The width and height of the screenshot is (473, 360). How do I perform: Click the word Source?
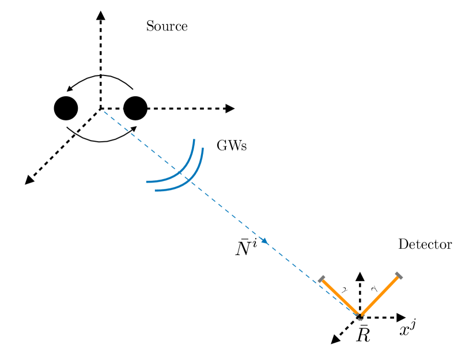[x=167, y=26]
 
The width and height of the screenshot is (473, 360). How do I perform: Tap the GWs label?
[x=232, y=146]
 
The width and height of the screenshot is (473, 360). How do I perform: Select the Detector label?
[x=425, y=245]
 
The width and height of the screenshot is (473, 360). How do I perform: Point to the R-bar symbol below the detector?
[x=362, y=334]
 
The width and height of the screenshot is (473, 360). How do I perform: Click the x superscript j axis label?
[x=407, y=330]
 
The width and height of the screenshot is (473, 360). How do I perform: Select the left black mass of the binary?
[x=66, y=108]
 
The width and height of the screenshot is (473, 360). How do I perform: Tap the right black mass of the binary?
[x=135, y=108]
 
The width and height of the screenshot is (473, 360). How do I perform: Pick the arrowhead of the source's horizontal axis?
[x=230, y=108]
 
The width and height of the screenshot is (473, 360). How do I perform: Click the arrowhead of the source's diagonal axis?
[x=29, y=181]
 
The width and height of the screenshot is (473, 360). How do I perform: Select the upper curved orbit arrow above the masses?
[x=100, y=77]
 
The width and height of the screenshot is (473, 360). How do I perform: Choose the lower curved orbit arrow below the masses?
[x=101, y=139]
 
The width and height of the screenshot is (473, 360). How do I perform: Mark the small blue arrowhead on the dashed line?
[x=264, y=241]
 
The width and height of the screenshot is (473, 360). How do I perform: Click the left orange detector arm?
[x=340, y=297]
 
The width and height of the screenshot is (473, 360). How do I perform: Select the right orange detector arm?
[x=380, y=296]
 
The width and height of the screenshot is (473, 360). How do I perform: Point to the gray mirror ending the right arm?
[x=399, y=276]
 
